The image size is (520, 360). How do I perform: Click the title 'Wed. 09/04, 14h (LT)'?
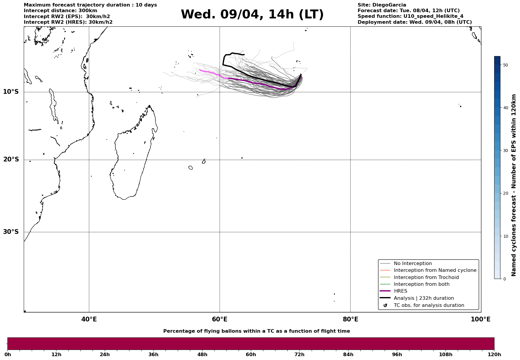252,15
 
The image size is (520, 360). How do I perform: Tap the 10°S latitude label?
11,92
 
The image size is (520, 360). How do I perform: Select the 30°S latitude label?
11,232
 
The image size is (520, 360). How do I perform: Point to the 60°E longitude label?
220,319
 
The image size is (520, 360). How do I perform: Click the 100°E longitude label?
481,319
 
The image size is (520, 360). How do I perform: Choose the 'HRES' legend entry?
400,291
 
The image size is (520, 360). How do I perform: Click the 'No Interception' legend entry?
413,264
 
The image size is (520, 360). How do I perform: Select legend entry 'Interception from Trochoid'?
426,277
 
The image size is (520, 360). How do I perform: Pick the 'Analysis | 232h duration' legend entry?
424,298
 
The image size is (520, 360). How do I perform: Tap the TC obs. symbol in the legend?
385,305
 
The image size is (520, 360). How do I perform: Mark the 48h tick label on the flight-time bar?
202,355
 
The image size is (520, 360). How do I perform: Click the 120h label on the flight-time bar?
494,355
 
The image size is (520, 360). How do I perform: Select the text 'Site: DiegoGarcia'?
382,5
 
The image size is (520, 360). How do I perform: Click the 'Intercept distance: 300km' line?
60,11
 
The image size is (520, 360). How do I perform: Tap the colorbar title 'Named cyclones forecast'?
514,185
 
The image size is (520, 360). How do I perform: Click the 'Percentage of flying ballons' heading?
256,331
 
